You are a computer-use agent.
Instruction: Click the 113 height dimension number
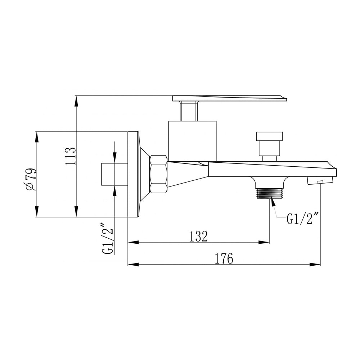(71, 156)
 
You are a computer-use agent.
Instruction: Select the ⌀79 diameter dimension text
(31, 179)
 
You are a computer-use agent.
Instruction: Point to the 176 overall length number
(224, 258)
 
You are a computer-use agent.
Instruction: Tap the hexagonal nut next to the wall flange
(158, 174)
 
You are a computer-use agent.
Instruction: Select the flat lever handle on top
(230, 99)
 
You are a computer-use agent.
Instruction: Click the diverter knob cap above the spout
(269, 136)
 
